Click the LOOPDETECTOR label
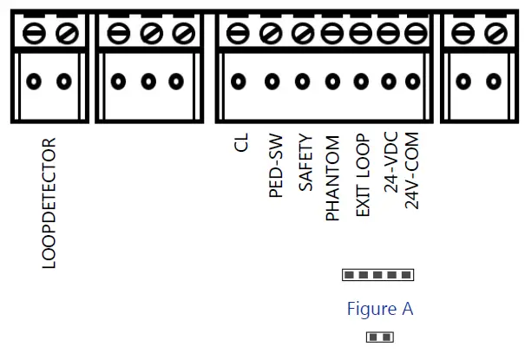tap(49, 202)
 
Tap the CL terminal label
tap(241, 141)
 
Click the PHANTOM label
tap(332, 178)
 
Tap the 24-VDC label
tap(390, 163)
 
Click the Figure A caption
tap(380, 308)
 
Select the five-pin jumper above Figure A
tap(378, 275)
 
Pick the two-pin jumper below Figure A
tap(378, 336)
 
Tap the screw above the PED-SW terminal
tap(271, 34)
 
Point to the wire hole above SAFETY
tap(302, 82)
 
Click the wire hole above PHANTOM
tap(332, 82)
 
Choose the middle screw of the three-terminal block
tap(149, 34)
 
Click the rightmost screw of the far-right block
tap(494, 34)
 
